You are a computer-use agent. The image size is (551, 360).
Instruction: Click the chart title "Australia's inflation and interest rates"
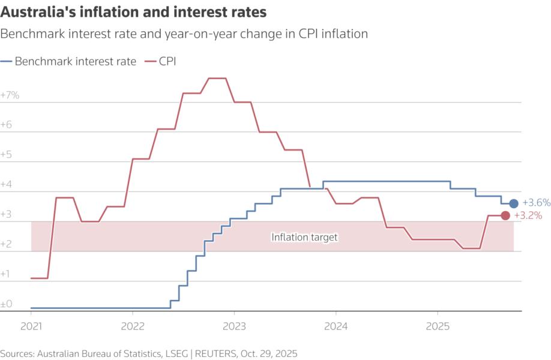click(x=134, y=11)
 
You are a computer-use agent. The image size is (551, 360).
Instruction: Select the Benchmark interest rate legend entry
click(x=68, y=61)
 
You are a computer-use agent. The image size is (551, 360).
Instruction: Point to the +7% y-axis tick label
click(x=10, y=95)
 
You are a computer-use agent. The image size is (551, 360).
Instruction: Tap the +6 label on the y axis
click(x=7, y=125)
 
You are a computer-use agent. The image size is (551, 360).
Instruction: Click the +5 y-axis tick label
click(x=7, y=155)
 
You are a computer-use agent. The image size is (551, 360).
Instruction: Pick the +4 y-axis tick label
click(x=7, y=185)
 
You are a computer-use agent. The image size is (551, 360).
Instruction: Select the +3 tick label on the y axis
click(x=7, y=214)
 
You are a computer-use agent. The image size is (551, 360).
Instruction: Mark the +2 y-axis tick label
click(x=7, y=244)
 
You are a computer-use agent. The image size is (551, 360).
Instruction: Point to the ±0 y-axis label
click(x=7, y=304)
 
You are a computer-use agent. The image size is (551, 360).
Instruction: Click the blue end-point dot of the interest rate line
click(x=514, y=203)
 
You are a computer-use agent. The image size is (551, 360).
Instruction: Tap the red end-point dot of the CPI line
click(x=505, y=215)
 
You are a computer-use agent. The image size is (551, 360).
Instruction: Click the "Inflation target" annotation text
click(x=304, y=237)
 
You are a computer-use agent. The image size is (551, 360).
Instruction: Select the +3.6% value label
click(x=536, y=203)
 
